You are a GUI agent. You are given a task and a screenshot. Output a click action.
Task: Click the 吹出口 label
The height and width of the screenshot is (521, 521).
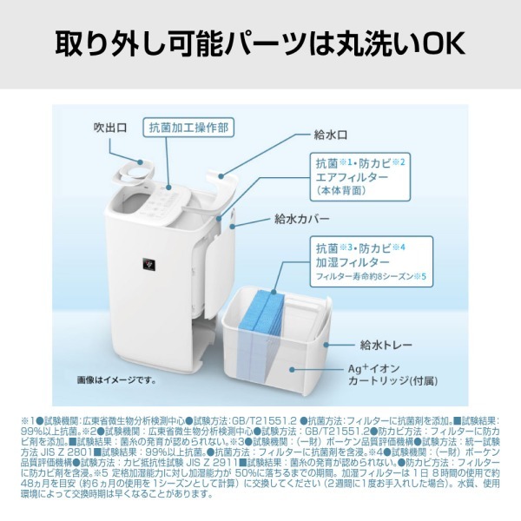coord(110,128)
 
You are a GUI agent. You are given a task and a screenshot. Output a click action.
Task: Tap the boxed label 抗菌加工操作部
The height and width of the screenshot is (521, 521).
coord(188,127)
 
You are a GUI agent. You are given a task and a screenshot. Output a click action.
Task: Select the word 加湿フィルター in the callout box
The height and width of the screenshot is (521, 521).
coord(352,261)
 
